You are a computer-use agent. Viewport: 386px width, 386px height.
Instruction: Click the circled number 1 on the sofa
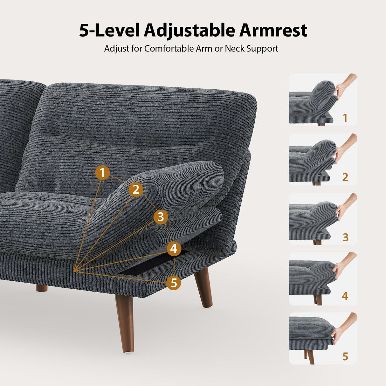pos(102,173)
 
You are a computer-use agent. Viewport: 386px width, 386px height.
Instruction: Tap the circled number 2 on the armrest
pos(136,189)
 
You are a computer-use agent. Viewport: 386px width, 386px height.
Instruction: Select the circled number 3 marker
pos(161,217)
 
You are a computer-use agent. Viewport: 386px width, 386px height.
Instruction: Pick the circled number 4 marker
pos(174,249)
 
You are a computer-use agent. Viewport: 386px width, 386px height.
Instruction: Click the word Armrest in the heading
pos(273,31)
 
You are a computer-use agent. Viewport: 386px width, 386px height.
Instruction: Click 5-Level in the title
pos(109,31)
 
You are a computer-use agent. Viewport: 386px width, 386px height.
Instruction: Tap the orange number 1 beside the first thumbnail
pos(345,118)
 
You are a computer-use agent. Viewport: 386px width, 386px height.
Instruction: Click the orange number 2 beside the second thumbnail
pos(345,177)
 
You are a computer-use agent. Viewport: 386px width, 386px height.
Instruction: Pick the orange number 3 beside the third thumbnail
pos(346,237)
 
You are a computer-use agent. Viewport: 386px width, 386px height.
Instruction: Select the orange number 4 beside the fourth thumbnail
pos(345,296)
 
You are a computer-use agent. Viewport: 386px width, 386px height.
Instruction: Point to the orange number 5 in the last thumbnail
pos(345,356)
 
